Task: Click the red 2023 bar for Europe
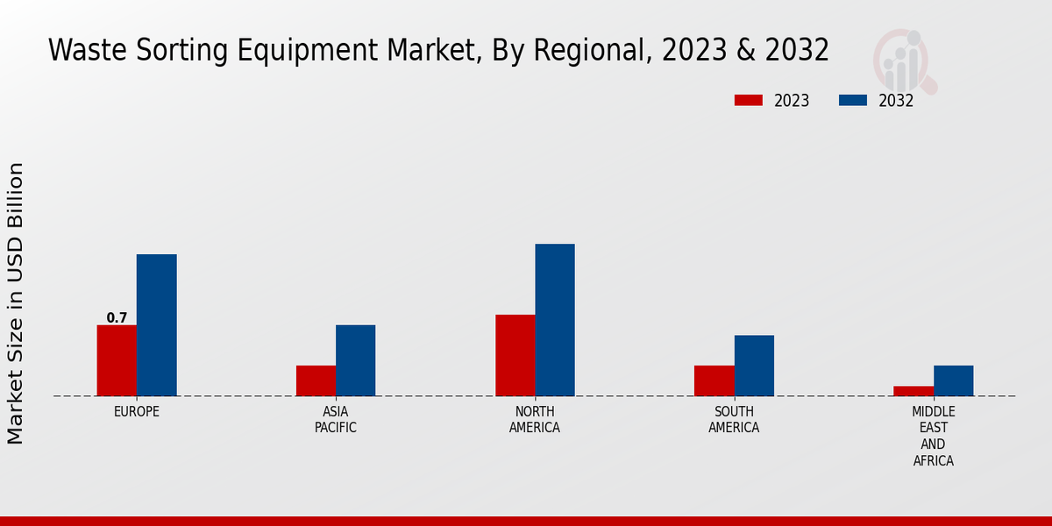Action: click(117, 360)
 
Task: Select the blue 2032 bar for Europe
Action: click(156, 325)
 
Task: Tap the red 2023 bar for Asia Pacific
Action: click(316, 380)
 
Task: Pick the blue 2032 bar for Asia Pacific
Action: click(355, 360)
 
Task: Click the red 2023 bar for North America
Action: click(515, 355)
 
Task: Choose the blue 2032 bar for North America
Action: click(555, 320)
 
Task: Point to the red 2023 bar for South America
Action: click(714, 380)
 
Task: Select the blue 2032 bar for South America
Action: click(754, 366)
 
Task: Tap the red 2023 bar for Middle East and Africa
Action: click(913, 391)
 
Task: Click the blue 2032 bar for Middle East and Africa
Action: click(953, 380)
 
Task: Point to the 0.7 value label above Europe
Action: click(117, 318)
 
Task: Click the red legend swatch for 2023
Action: click(749, 100)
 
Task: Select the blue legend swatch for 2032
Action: click(853, 100)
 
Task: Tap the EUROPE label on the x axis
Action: click(137, 411)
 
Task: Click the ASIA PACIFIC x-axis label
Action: click(336, 420)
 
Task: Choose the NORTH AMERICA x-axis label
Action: click(535, 420)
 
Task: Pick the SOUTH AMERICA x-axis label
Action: click(734, 420)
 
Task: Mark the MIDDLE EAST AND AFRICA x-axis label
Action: click(934, 436)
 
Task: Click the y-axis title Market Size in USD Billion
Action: click(16, 302)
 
